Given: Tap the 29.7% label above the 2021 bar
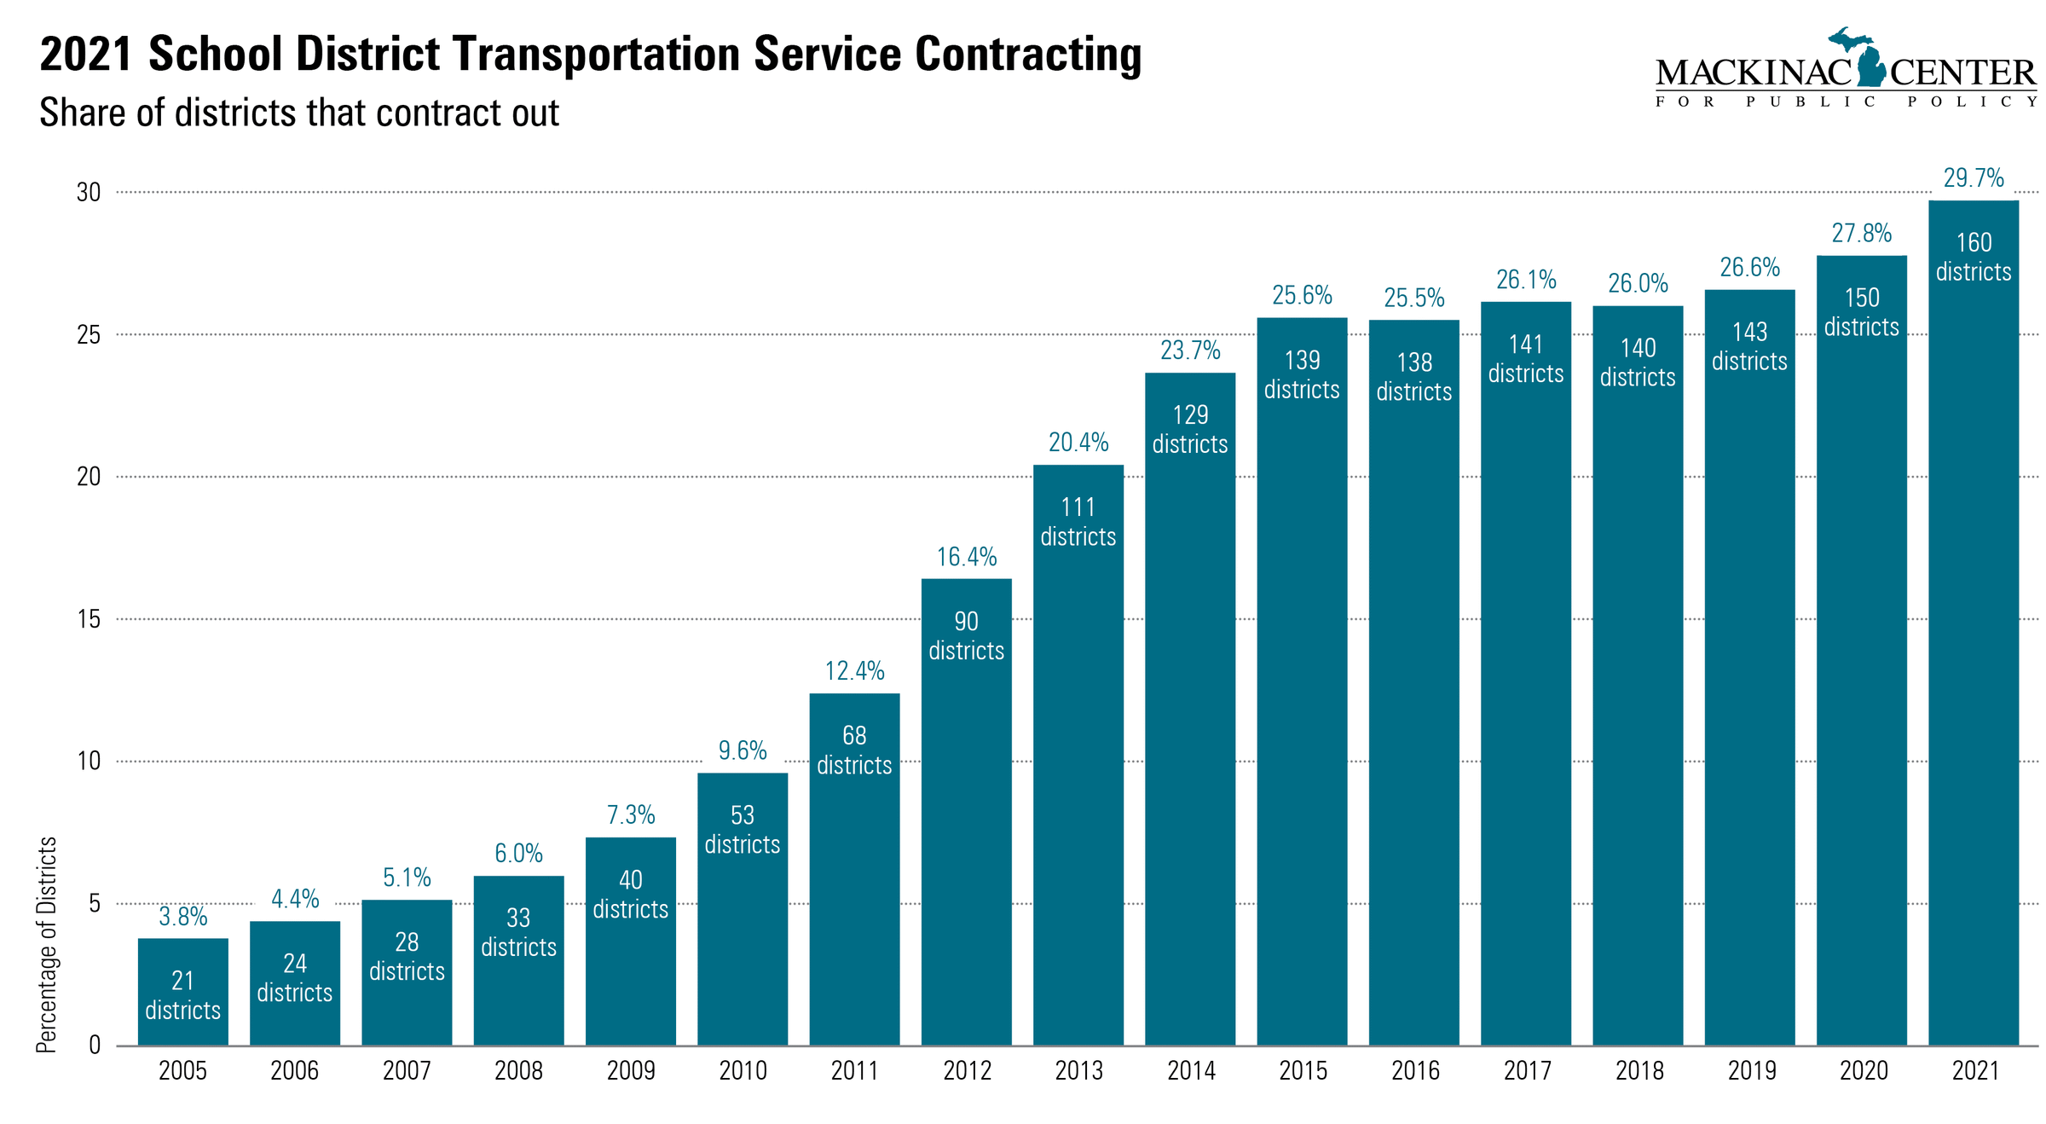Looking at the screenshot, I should (x=1973, y=178).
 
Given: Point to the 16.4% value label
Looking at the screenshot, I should (x=966, y=557).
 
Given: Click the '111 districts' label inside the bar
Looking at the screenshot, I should (x=1078, y=522).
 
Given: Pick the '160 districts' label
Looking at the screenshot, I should (x=1973, y=257).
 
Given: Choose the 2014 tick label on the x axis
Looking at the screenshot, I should (x=1190, y=1070).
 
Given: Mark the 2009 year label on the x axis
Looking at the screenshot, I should (x=630, y=1070).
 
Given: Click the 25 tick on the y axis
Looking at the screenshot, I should (x=89, y=335).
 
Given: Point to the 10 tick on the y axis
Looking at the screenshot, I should (x=89, y=761).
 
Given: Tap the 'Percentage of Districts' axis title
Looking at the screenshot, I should (x=47, y=944).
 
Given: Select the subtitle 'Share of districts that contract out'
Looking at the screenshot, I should (x=299, y=113).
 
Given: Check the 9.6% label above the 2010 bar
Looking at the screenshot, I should (x=742, y=750).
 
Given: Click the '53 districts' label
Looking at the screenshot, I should (x=742, y=830).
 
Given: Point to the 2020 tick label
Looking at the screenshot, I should (x=1863, y=1070).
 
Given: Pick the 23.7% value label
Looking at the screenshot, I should (x=1190, y=351).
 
